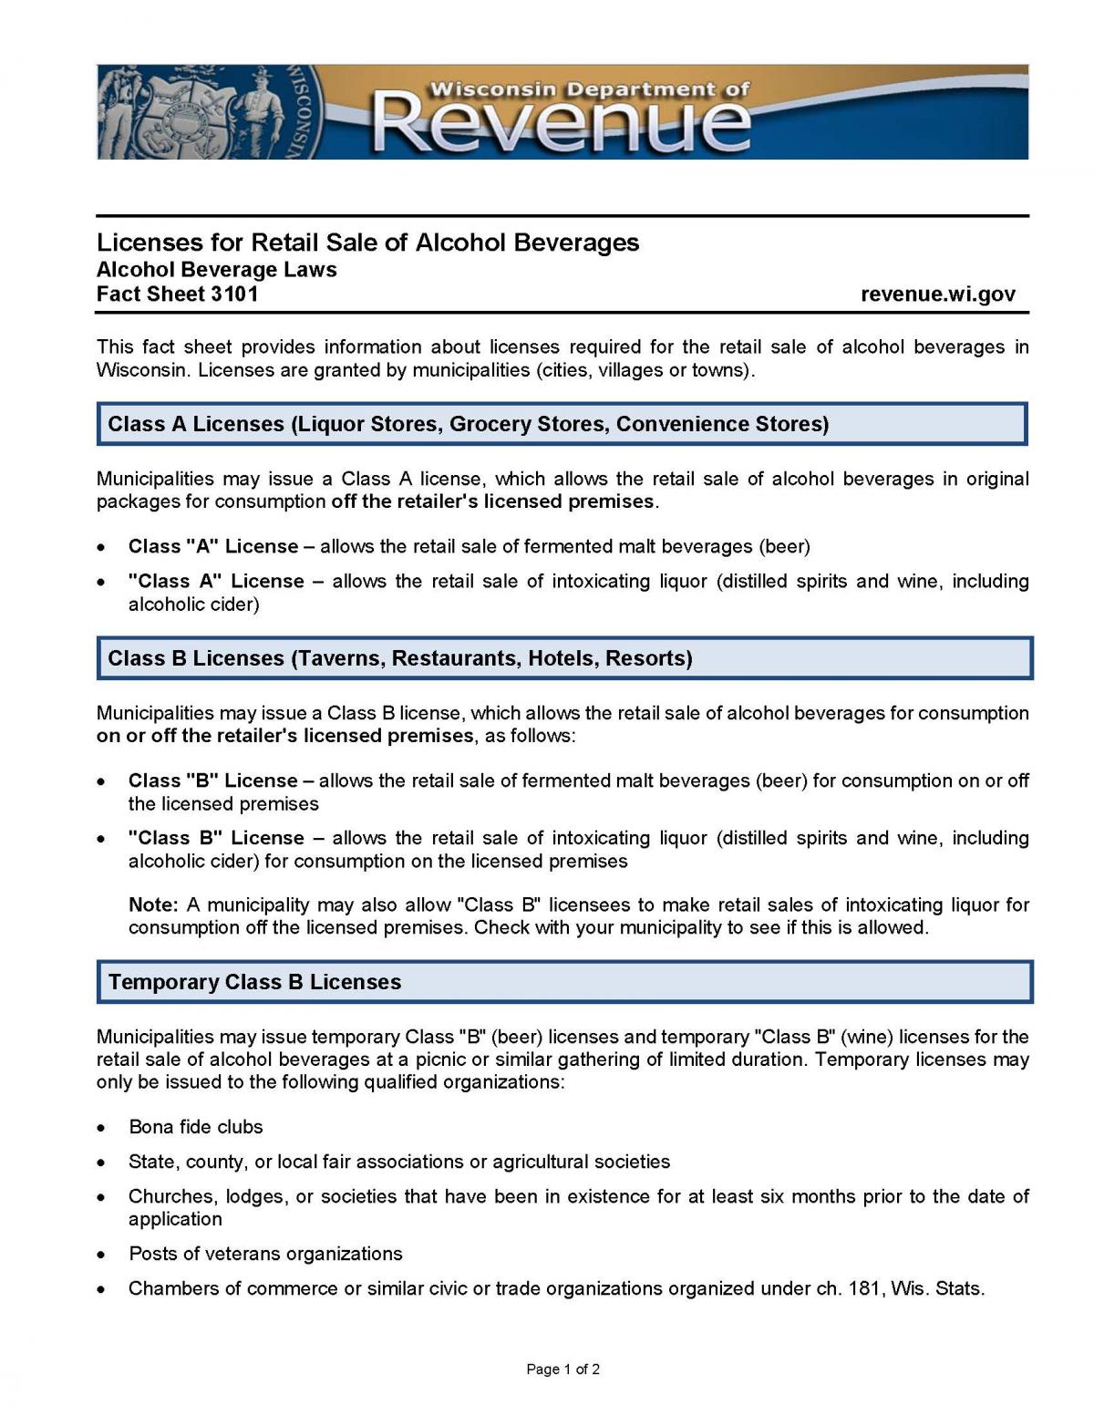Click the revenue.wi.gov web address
(x=937, y=295)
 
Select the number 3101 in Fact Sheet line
(x=234, y=295)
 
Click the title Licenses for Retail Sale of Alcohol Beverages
(x=367, y=243)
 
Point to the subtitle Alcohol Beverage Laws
(x=216, y=270)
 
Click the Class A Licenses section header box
(x=562, y=424)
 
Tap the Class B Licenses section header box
(x=564, y=658)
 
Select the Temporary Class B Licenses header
(x=564, y=982)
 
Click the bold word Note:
(x=153, y=904)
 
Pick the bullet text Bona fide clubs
(x=196, y=1127)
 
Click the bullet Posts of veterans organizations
(x=265, y=1254)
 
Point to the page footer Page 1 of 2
(x=562, y=1369)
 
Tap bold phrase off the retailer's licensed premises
(x=492, y=501)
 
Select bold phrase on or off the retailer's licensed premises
(x=284, y=736)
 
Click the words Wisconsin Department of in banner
(x=589, y=89)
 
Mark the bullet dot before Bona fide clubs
(x=103, y=1128)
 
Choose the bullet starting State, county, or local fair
(x=398, y=1162)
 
